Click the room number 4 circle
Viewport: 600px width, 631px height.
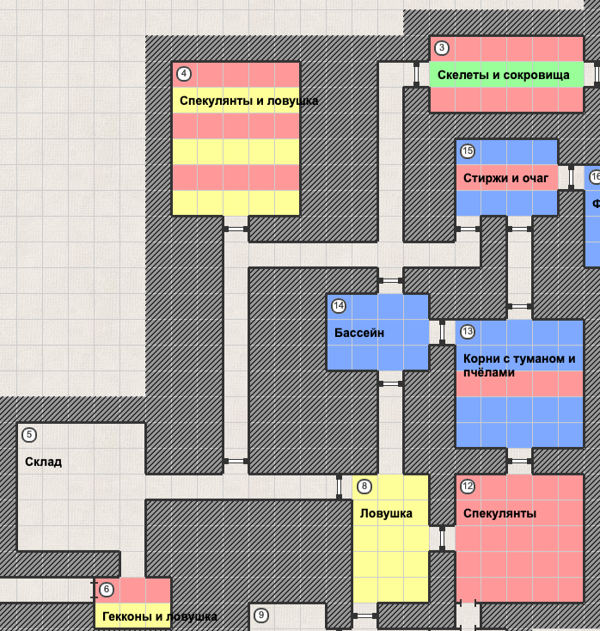(184, 74)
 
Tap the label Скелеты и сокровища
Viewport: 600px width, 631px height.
(503, 75)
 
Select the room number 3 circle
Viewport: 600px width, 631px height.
(442, 48)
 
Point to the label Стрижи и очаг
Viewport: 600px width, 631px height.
(505, 178)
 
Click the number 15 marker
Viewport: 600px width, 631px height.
(468, 151)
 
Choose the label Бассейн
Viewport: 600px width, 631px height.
(358, 332)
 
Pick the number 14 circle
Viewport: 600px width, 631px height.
(339, 306)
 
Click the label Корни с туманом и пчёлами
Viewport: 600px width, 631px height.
(519, 365)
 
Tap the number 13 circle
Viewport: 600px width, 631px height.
(468, 332)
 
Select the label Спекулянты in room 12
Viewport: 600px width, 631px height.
(499, 513)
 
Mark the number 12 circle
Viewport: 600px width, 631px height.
(468, 487)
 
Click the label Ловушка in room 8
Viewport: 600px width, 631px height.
(386, 513)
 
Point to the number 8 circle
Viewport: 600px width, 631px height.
(364, 487)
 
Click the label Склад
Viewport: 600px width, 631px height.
(43, 462)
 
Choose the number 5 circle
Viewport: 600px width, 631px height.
(29, 435)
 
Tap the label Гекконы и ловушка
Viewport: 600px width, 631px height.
(159, 616)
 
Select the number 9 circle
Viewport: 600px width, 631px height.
(261, 616)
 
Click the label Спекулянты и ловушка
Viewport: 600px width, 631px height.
(248, 101)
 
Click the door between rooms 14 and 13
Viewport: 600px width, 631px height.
(442, 332)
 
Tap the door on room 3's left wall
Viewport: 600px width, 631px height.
(416, 75)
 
